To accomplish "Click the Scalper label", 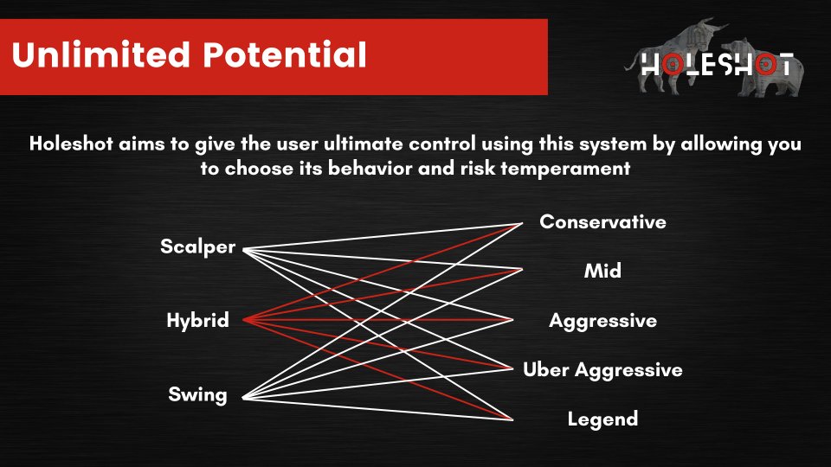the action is (x=197, y=247).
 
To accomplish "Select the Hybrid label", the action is (x=197, y=321).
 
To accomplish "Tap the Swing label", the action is (x=197, y=395).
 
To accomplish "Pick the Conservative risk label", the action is (x=602, y=222).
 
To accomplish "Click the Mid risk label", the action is (x=602, y=271).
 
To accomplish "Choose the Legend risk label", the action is (x=602, y=420).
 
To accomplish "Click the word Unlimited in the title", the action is (x=100, y=54).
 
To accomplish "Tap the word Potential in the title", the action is (x=285, y=54).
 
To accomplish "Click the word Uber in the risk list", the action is (x=546, y=369).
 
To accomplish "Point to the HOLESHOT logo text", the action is (x=717, y=65).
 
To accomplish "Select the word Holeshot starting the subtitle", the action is (x=70, y=144).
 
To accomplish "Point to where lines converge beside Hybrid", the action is (x=244, y=320).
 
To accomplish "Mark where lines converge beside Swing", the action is (x=244, y=398).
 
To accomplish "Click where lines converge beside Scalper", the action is (x=244, y=249).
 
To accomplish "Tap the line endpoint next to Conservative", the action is (x=521, y=224).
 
